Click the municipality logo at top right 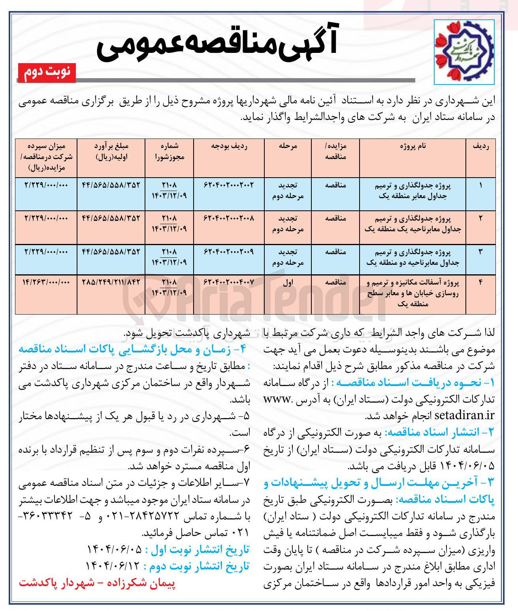pyautogui.click(x=463, y=52)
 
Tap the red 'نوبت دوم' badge pyautogui.click(x=47, y=72)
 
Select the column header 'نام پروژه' pyautogui.click(x=413, y=146)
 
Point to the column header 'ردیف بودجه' pyautogui.click(x=229, y=146)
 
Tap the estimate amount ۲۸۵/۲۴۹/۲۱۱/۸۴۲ pyautogui.click(x=111, y=282)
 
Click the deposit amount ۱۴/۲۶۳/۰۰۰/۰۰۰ pyautogui.click(x=46, y=282)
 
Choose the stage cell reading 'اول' pyautogui.click(x=288, y=283)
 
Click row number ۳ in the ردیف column pyautogui.click(x=480, y=252)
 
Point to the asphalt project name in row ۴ pyautogui.click(x=413, y=293)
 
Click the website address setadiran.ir pyautogui.click(x=464, y=415)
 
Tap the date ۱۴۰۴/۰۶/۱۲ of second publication pyautogui.click(x=113, y=566)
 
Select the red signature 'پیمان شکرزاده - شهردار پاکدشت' pyautogui.click(x=97, y=583)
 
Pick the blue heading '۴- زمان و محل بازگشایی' pyautogui.click(x=133, y=349)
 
